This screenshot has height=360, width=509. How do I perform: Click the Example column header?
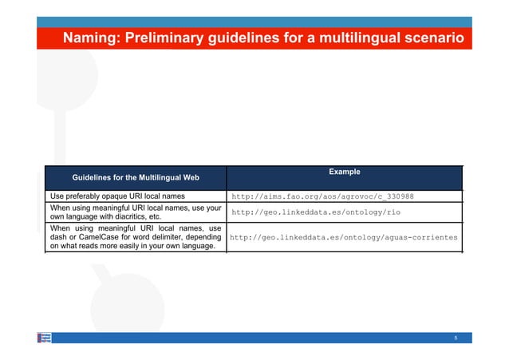coord(345,172)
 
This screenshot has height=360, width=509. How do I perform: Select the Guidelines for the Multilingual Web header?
coord(136,176)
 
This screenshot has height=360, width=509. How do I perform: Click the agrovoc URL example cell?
coord(322,196)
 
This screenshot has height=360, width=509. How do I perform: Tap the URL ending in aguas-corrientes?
coord(344,237)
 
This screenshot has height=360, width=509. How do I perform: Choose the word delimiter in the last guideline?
coord(164,237)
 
